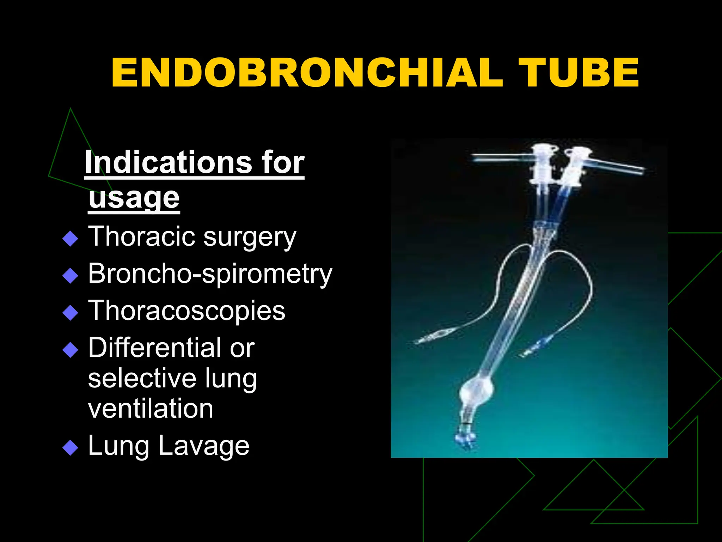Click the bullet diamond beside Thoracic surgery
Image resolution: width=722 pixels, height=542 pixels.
pos(70,239)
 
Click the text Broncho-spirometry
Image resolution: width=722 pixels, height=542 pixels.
pos(210,274)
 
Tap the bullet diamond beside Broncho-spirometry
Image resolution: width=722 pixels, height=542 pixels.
pos(70,276)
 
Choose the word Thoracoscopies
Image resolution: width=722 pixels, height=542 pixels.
pos(186,311)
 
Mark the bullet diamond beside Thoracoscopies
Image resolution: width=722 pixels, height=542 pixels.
pos(70,313)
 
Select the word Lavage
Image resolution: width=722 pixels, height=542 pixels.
pos(204,446)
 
